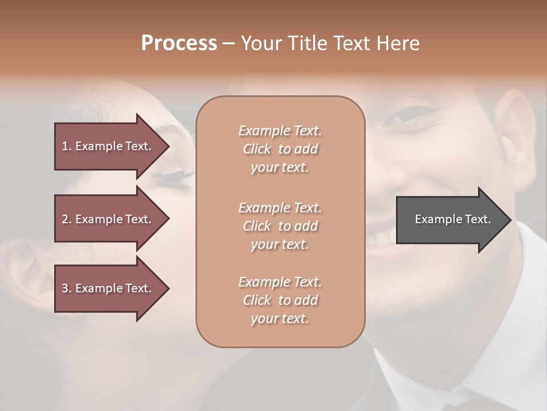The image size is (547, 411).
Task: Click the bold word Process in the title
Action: tap(179, 43)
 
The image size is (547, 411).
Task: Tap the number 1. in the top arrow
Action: tap(67, 147)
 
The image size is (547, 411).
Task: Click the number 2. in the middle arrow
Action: tap(67, 219)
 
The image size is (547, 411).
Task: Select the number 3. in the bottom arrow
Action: tap(67, 288)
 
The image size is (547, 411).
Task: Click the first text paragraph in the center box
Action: tap(280, 149)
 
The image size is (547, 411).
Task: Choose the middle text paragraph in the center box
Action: tap(280, 225)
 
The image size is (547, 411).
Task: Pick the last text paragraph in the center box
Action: tap(280, 300)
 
